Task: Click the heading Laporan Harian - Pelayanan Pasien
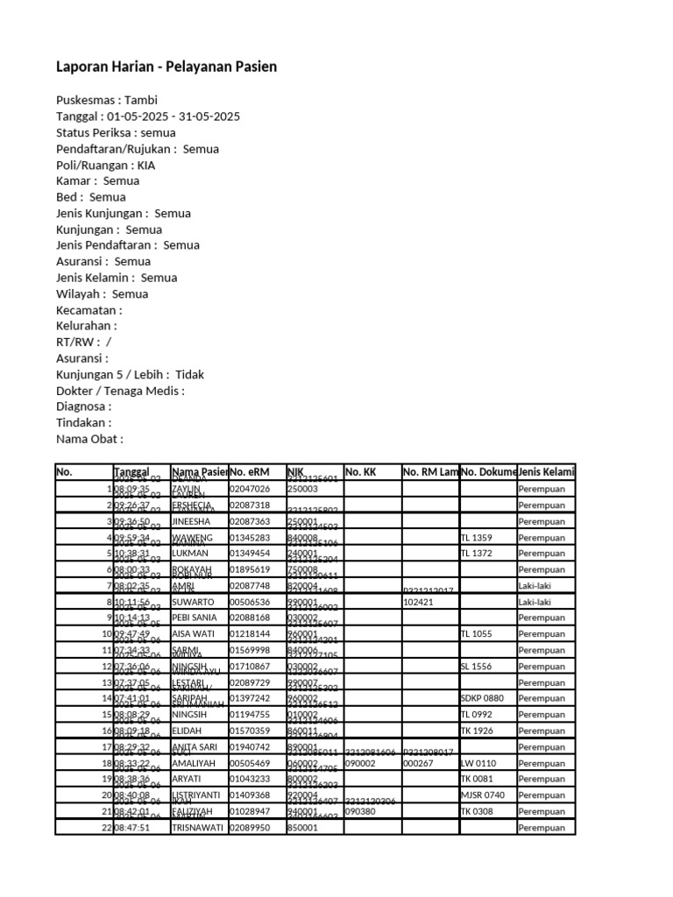point(166,67)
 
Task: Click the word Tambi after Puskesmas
point(141,100)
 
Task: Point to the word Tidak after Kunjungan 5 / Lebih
point(189,374)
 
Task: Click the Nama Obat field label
point(89,439)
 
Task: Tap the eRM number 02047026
point(250,489)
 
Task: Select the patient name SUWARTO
point(196,603)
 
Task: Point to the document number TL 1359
point(476,537)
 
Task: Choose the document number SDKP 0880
point(482,698)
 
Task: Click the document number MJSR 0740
point(482,795)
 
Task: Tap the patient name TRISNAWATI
point(199,828)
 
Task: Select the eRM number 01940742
point(250,747)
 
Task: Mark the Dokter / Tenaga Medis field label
point(120,391)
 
